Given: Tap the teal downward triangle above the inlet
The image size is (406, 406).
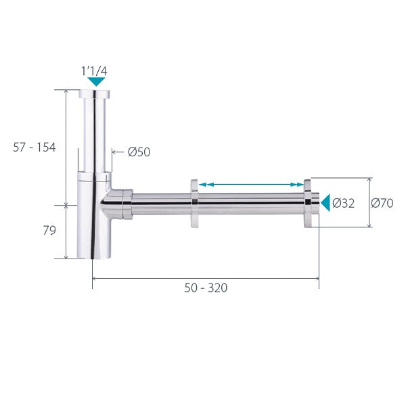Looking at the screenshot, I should (97, 82).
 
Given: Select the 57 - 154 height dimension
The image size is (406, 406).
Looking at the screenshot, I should (37, 147).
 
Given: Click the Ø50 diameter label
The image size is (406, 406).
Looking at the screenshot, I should (139, 152).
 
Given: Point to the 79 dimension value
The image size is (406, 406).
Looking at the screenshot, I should (49, 231).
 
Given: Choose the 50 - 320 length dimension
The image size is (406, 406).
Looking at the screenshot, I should (206, 288).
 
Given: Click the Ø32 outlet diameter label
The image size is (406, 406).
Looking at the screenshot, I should (343, 203).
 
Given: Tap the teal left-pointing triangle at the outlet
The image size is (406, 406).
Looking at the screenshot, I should (325, 202).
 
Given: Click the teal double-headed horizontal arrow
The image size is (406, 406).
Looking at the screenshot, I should (251, 184).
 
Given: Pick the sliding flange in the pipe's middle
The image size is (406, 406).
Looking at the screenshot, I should (194, 203).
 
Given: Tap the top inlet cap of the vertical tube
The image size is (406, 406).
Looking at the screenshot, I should (97, 93).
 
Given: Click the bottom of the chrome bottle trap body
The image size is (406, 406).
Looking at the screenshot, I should (93, 247).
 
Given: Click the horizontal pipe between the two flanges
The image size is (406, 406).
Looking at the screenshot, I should (250, 203).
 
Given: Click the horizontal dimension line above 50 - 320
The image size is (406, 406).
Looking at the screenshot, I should (206, 277).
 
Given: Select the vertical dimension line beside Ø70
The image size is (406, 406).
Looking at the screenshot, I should (370, 203).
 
